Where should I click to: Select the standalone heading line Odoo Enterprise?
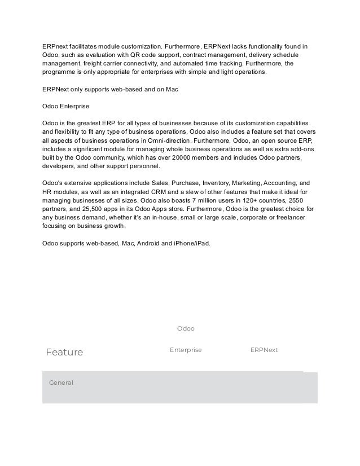pos(65,105)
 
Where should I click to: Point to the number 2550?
pos(298,201)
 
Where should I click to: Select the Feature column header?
pos(64,353)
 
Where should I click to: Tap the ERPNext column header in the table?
pos(264,350)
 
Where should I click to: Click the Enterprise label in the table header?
pos(185,350)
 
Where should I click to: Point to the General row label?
pos(61,383)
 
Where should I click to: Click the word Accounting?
pos(278,183)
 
